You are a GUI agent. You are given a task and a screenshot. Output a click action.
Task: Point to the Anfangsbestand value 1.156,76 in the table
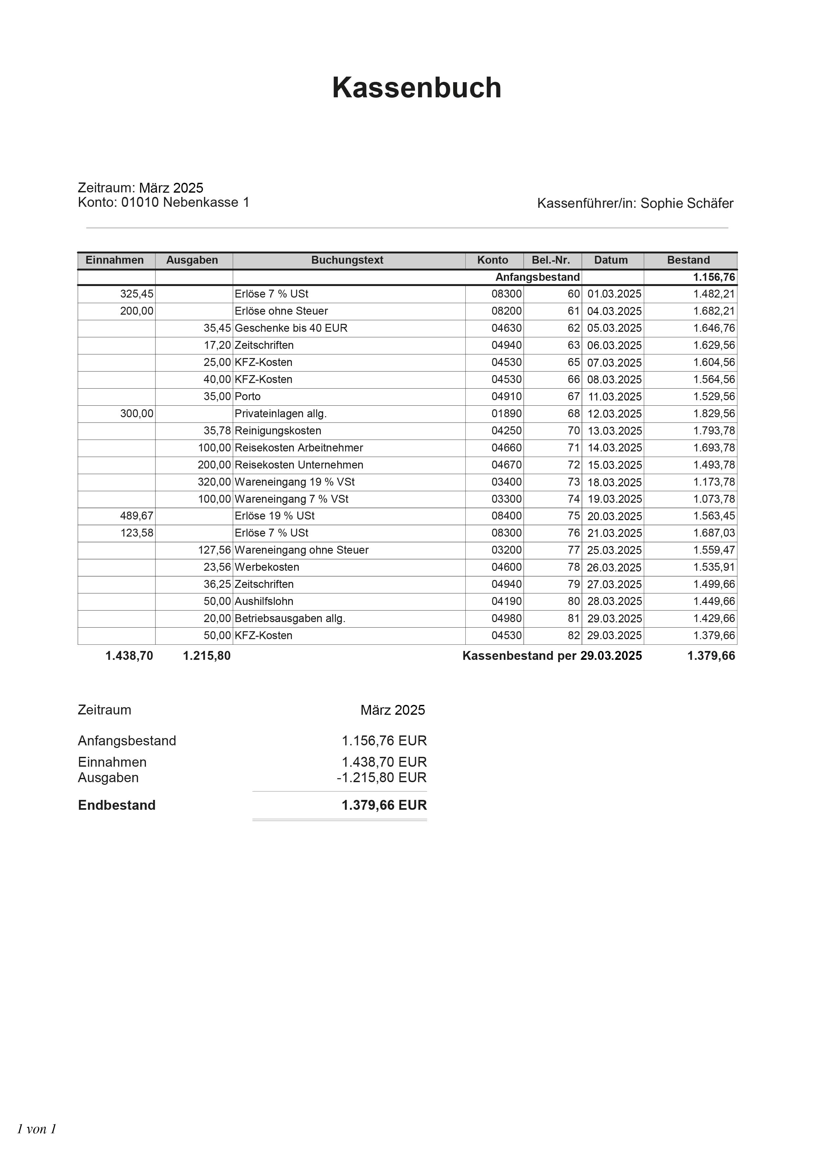(714, 277)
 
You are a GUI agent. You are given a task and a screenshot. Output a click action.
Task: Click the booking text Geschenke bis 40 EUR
(291, 328)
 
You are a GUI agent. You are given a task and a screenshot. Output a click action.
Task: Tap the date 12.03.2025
(614, 414)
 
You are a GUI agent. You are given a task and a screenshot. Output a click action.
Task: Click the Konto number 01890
(506, 414)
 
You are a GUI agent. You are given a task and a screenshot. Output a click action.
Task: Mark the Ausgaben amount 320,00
(214, 482)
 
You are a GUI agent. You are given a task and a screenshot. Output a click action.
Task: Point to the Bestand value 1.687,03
(714, 533)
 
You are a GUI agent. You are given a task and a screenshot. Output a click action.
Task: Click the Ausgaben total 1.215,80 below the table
(207, 656)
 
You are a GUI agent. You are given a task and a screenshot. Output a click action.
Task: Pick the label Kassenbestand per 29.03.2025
(552, 656)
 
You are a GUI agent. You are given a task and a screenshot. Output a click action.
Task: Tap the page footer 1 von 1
(36, 1129)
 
